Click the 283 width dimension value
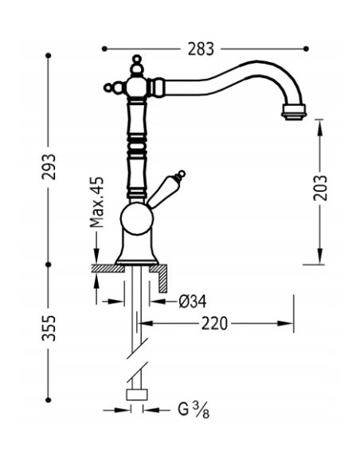point(202,49)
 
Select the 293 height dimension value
point(49,165)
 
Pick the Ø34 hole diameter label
point(192,301)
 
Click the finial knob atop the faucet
point(137,62)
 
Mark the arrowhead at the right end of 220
point(288,323)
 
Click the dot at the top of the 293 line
point(49,56)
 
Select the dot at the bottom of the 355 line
point(49,398)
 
